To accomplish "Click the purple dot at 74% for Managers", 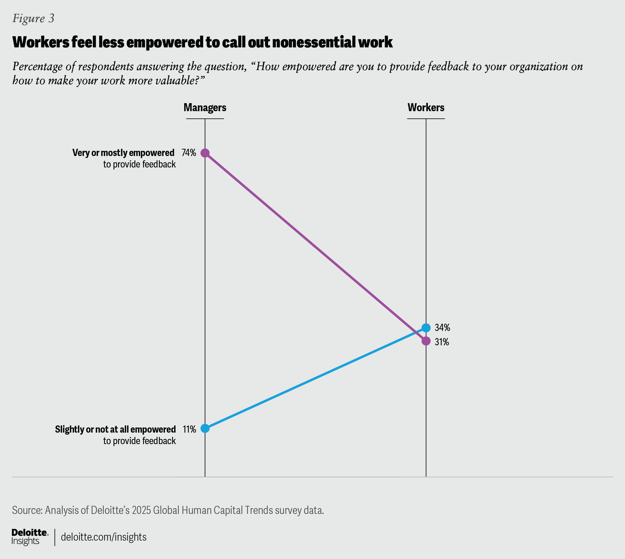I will (205, 153).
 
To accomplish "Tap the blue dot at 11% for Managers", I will (205, 428).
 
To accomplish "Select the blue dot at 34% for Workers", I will (426, 328).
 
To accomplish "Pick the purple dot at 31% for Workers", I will (426, 341).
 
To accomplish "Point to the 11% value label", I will (189, 429).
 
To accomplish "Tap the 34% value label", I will (443, 328).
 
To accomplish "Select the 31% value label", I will (442, 342).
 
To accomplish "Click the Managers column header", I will (205, 107).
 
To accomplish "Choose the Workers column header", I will (426, 107).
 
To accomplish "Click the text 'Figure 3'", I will (33, 18).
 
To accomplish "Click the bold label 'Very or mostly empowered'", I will (124, 153).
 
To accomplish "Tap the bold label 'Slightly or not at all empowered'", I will (115, 429).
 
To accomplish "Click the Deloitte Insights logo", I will (30, 537).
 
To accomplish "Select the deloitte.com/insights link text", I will (103, 537).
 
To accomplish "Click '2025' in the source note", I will (141, 510).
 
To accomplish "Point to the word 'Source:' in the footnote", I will (27, 510).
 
